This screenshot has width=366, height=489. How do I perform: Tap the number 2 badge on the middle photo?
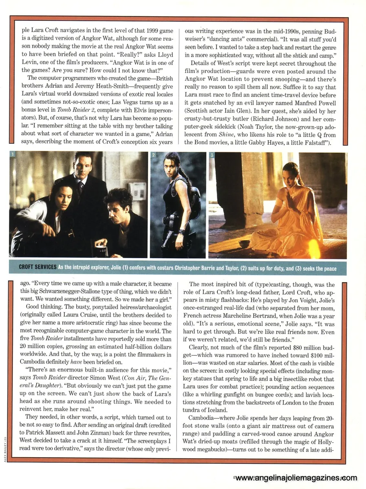click(153, 155)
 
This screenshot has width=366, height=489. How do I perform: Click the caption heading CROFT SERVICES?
click(37, 267)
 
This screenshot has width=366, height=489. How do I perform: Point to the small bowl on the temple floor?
click(244, 244)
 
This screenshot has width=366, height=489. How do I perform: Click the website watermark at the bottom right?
click(296, 478)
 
